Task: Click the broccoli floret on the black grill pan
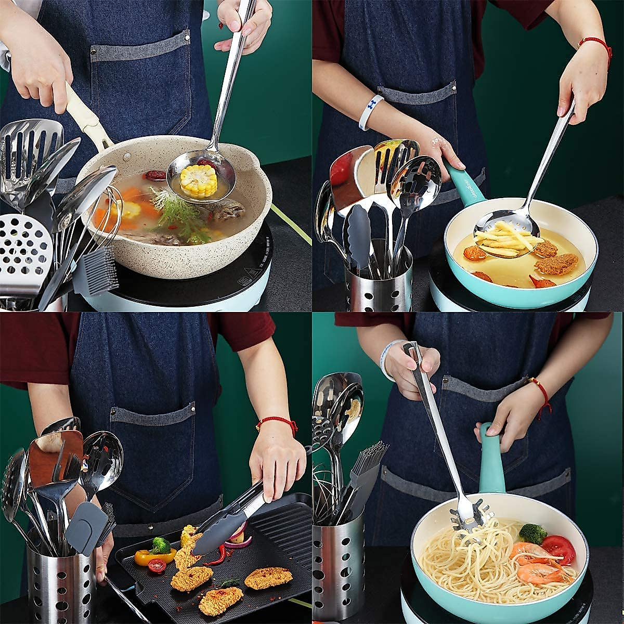click(x=160, y=545)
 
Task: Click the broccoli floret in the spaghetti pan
click(x=533, y=534)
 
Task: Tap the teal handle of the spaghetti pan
click(x=491, y=463)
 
